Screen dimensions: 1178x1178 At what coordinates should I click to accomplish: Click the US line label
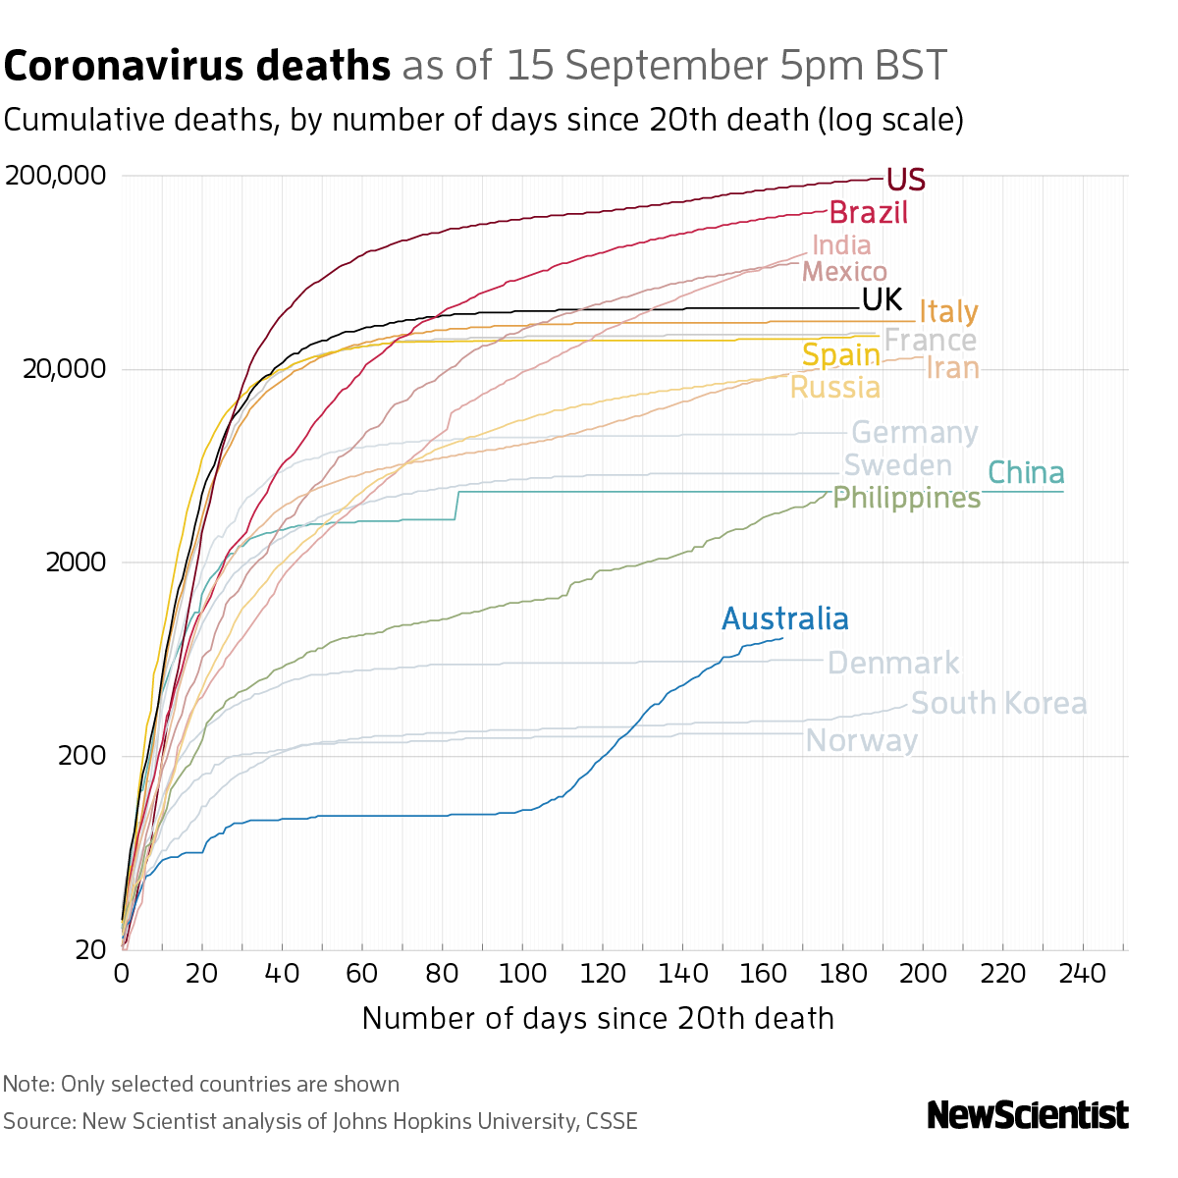pos(905,181)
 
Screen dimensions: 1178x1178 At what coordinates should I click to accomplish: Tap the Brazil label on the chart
pos(868,213)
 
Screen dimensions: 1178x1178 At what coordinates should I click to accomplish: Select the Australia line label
pos(784,619)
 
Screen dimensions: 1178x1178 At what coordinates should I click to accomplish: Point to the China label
pos(1026,473)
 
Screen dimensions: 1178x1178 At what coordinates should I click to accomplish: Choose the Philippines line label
pos(906,499)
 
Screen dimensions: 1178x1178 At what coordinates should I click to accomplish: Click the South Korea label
pos(998,704)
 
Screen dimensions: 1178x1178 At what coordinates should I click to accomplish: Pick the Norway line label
pos(861,740)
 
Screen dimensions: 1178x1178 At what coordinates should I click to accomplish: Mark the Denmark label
pos(893,663)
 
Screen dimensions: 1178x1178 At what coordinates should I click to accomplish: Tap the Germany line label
pos(914,433)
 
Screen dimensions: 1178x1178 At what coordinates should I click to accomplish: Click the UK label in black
pos(882,299)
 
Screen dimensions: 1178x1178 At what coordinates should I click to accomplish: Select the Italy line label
pos(947,312)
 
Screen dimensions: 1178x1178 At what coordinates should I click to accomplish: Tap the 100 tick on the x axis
pos(521,974)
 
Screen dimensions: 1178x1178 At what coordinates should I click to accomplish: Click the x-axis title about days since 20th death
pos(598,1018)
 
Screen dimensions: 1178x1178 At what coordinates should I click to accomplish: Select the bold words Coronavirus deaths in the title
pos(197,66)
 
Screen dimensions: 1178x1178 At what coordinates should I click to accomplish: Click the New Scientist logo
pos(1027,1115)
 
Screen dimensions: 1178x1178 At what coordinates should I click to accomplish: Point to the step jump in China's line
pos(456,505)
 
